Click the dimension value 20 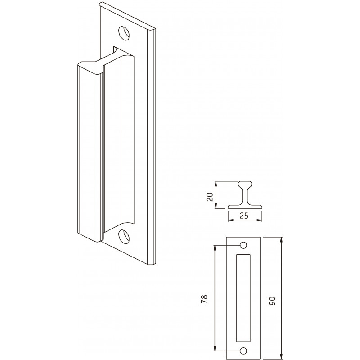coord(210,197)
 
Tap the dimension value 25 coord(244,216)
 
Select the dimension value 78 coord(204,299)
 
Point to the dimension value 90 coord(272,301)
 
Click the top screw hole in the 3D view coord(124,33)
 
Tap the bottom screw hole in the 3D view coord(124,236)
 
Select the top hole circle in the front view coord(243,245)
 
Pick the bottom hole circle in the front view coord(243,351)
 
